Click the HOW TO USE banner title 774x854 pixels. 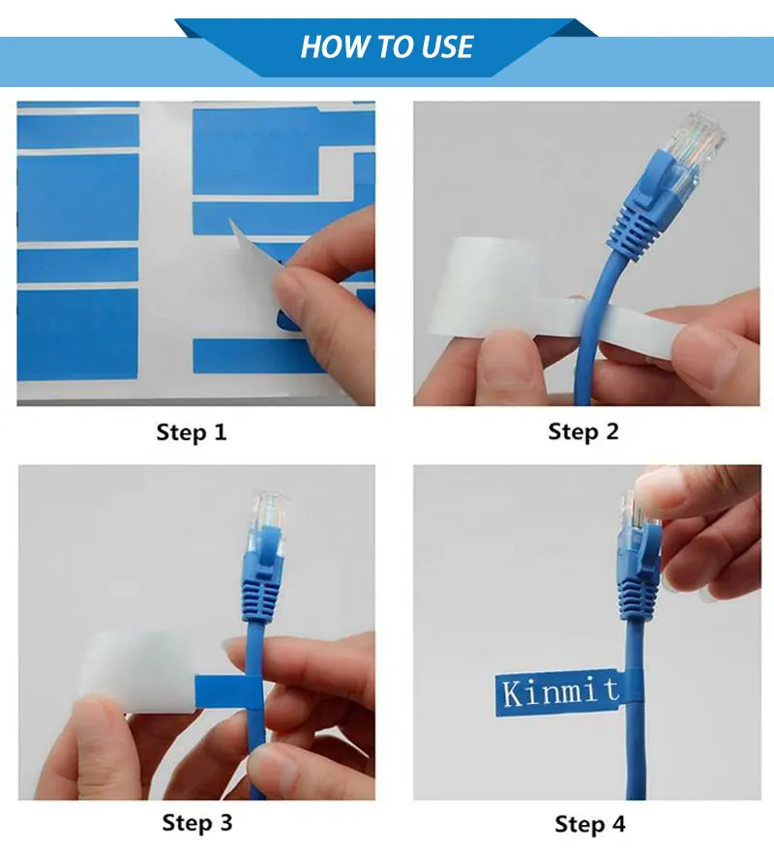coord(386,46)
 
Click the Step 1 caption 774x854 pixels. coord(192,432)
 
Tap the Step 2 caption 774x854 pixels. coord(582,432)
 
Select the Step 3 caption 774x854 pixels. coord(197,823)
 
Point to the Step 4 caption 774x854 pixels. coord(589,824)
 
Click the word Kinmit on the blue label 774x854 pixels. coord(560,691)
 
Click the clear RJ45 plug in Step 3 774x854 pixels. coord(268,517)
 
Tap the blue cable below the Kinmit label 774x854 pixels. coord(640,754)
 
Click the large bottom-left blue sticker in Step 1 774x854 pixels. coord(77,334)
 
